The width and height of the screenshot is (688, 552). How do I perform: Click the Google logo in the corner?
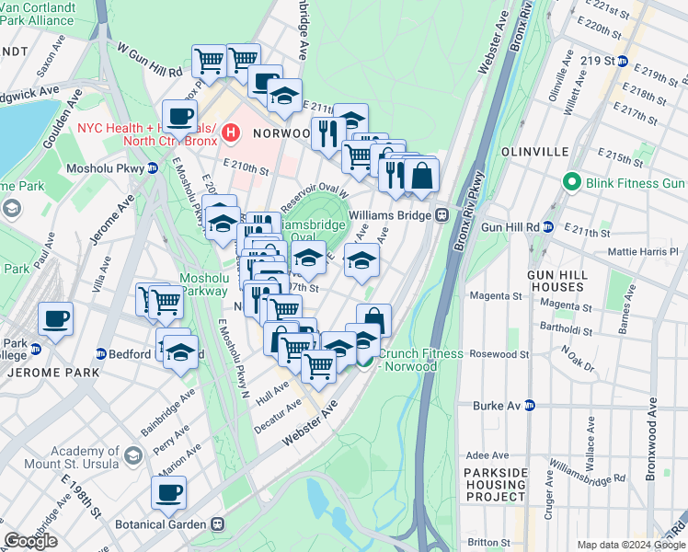click(30, 541)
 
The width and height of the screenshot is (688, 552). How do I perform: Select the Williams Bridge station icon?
click(441, 214)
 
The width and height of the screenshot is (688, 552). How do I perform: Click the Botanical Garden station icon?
click(218, 524)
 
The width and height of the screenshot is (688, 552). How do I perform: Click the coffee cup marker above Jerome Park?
click(55, 319)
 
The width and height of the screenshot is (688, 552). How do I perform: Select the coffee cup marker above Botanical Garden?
click(168, 492)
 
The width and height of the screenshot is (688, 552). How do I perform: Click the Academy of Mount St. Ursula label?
click(74, 457)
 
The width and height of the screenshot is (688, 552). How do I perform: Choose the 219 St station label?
click(597, 62)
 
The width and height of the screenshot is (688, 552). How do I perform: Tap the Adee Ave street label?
click(487, 455)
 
